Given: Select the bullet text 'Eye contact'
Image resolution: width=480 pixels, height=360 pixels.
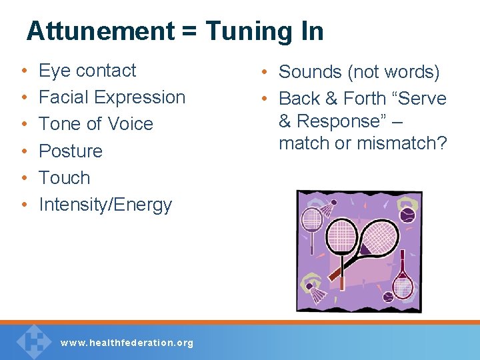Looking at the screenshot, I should click(87, 71).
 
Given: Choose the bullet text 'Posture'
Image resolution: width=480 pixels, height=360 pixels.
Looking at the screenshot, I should click(71, 151).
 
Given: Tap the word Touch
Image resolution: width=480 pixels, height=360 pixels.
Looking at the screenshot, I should click(65, 178).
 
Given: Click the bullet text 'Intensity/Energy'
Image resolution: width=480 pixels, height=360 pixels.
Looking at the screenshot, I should click(105, 205).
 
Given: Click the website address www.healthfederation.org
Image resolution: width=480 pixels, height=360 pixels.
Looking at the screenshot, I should click(127, 343).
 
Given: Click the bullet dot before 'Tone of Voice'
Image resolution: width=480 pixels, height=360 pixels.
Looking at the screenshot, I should click(23, 125).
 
